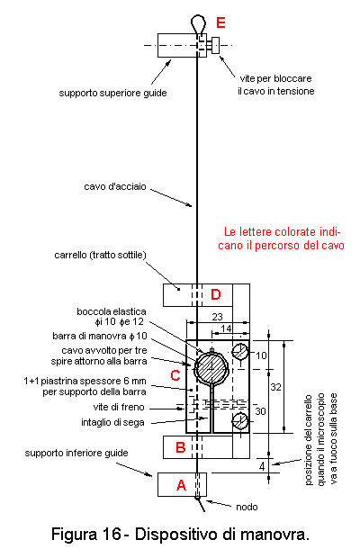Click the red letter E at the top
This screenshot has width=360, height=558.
point(220,22)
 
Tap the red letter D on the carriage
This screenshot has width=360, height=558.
point(216,294)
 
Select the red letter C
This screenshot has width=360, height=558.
point(175,376)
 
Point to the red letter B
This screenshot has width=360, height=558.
point(181,447)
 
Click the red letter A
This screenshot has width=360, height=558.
point(182,485)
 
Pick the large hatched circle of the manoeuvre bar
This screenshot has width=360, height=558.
point(211,367)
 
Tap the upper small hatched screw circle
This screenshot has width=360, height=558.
point(240,352)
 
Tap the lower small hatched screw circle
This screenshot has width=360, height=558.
point(240,421)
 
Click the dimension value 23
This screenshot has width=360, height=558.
point(217,317)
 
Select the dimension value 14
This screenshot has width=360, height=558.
point(226,328)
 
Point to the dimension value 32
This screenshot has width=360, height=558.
point(276,387)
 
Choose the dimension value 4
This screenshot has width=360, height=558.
point(262,466)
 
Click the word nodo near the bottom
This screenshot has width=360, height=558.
point(247,507)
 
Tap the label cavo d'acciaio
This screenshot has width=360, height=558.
point(115,187)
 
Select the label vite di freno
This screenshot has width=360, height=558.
point(119,407)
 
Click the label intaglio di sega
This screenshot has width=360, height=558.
point(112,423)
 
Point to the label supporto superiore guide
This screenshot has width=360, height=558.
point(112,94)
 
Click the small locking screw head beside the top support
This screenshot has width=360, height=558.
point(215,45)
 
